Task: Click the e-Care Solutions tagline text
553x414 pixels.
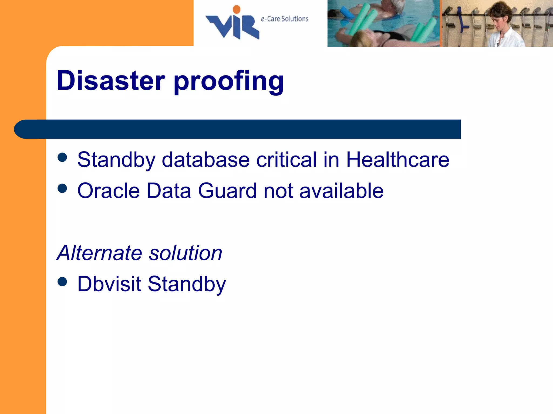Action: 284,19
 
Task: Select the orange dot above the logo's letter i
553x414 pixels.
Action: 237,9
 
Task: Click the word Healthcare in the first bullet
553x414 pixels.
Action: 397,160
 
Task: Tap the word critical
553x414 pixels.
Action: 286,160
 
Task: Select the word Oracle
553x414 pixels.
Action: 109,191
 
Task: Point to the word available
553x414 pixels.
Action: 341,191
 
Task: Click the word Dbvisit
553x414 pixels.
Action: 109,284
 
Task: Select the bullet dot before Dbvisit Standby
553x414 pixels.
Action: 62,282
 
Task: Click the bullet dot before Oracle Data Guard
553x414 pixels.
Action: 62,188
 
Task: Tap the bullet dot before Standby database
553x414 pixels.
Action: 62,157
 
